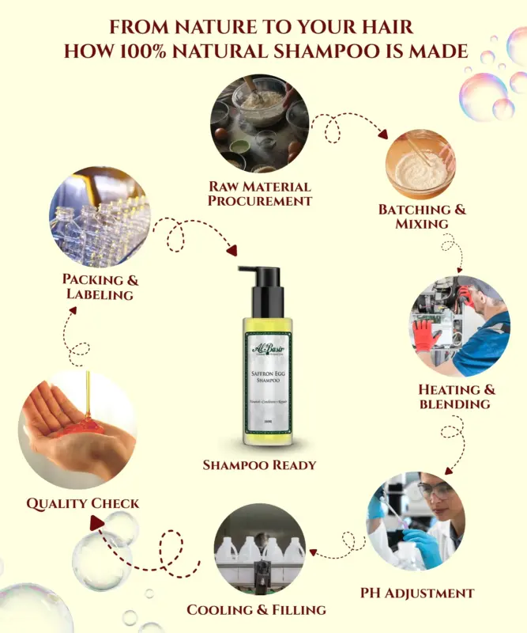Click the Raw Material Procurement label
[x=259, y=193]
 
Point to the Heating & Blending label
[x=456, y=396]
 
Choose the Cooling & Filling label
[x=256, y=609]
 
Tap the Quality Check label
[x=83, y=502]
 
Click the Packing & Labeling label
[x=100, y=286]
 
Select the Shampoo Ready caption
[x=260, y=464]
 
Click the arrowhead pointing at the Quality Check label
[x=96, y=522]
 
